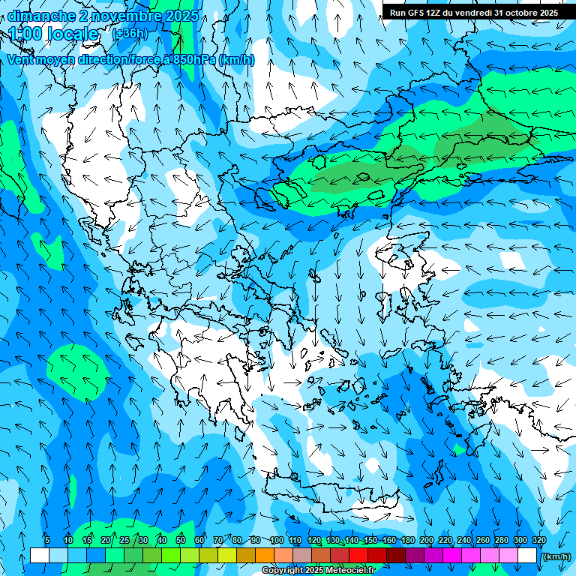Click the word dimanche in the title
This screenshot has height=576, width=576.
[40, 16]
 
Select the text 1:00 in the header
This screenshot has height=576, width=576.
[25, 34]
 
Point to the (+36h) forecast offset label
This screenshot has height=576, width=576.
[129, 34]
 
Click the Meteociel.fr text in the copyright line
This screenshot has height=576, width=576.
[344, 571]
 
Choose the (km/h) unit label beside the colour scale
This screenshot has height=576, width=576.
[556, 556]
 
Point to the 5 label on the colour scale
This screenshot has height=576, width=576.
[47, 540]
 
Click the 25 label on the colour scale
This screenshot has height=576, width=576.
[124, 540]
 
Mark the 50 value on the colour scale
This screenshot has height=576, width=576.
[181, 540]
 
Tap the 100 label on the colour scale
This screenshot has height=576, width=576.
[276, 540]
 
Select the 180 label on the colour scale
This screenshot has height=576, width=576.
[407, 540]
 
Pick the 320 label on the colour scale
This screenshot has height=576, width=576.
[539, 540]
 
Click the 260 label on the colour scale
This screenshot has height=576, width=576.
[483, 540]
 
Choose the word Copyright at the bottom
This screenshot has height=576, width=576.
[283, 571]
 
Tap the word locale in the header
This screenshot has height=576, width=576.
[71, 34]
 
